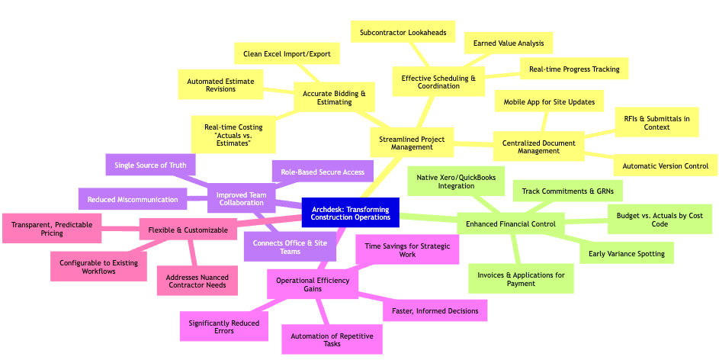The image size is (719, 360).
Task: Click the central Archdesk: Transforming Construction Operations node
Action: (350, 212)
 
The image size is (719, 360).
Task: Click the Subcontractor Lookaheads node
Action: (403, 32)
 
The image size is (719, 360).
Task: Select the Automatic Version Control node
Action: (666, 166)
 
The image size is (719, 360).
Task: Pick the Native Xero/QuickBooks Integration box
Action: (456, 182)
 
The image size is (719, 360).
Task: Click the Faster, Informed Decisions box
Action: (435, 310)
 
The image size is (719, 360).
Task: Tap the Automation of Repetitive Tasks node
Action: (332, 339)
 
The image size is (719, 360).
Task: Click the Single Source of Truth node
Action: (150, 165)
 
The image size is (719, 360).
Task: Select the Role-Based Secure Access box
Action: (323, 172)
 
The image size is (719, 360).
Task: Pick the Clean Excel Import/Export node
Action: (286, 54)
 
